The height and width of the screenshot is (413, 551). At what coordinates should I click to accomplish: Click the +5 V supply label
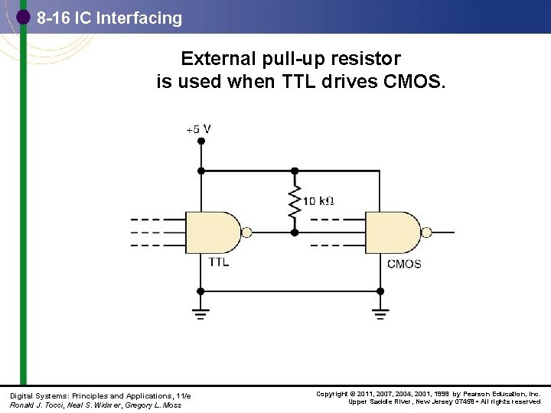198,129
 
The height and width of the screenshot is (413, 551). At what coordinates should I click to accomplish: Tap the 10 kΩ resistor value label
318,201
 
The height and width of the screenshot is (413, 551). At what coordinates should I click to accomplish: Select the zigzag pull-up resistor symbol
293,201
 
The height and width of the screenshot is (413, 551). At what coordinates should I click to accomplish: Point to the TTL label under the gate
218,262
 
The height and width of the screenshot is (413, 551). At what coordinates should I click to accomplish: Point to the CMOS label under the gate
403,265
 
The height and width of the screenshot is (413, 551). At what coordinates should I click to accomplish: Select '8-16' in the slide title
53,18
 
